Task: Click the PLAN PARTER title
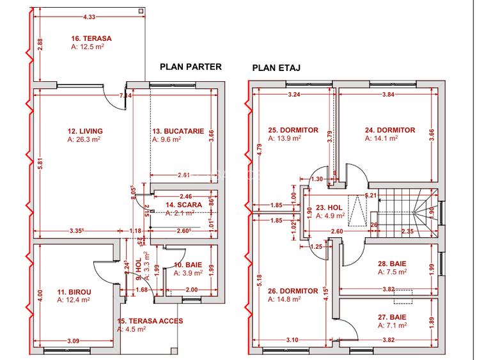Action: click(190, 66)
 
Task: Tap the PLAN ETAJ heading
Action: click(277, 67)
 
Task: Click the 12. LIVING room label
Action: click(85, 131)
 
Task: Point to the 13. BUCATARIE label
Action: click(178, 131)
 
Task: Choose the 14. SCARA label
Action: click(180, 205)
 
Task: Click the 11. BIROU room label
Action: click(73, 291)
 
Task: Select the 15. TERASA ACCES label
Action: click(150, 321)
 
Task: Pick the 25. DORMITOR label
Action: click(293, 130)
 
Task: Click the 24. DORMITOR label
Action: click(390, 130)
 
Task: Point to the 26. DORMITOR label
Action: click(293, 291)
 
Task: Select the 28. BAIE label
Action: click(393, 263)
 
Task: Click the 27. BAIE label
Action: click(393, 317)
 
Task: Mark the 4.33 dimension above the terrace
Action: click(89, 8)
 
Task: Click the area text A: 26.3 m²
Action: click(84, 139)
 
